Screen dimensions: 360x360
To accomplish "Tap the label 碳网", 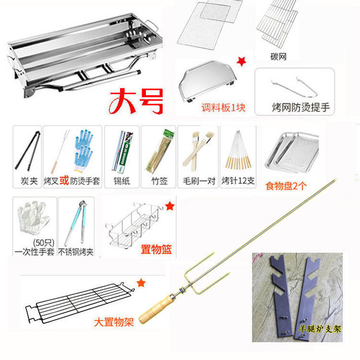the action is pyautogui.click(x=278, y=57).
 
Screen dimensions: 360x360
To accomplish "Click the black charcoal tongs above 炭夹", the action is pyautogui.click(x=27, y=151).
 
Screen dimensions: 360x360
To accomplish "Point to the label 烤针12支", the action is pyautogui.click(x=238, y=182).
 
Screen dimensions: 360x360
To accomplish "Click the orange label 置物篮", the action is pyautogui.click(x=156, y=249).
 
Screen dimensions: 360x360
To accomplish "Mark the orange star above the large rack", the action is pyautogui.click(x=141, y=283).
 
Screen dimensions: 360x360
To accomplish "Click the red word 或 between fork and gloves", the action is pyautogui.click(x=67, y=182).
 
